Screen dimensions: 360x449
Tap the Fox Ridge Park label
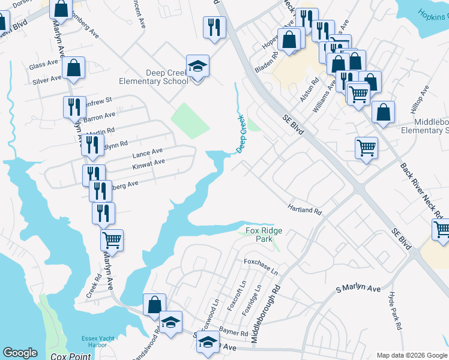pyautogui.click(x=264, y=235)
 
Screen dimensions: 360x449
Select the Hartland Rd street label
pyautogui.click(x=305, y=208)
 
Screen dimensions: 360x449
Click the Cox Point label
pyautogui.click(x=71, y=356)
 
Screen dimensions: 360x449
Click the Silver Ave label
pyautogui.click(x=47, y=79)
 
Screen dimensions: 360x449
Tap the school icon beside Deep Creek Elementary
pyautogui.click(x=197, y=67)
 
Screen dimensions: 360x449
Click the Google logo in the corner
pyautogui.click(x=20, y=353)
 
